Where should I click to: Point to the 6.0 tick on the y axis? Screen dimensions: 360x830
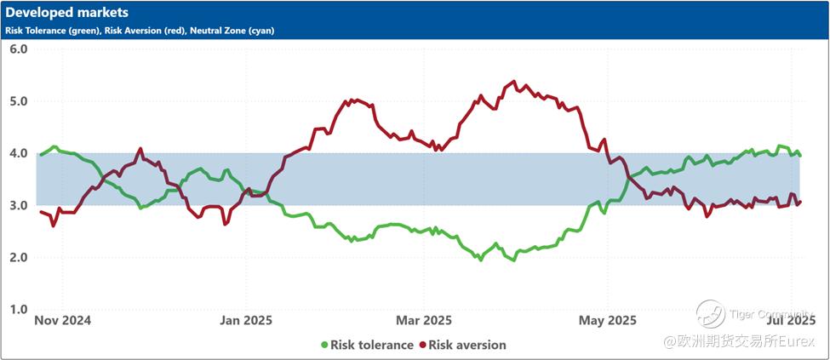coord(19,49)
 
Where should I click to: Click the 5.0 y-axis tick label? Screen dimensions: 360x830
coord(19,101)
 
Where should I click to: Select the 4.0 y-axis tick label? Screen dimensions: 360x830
coord(19,153)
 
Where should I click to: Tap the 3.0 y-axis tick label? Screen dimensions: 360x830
coord(19,205)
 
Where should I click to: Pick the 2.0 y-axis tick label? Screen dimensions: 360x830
coord(19,257)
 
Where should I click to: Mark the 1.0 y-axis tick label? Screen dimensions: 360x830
coord(19,309)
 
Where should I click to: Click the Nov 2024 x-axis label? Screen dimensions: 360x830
coord(62,321)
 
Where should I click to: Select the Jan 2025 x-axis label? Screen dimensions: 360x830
coord(246,321)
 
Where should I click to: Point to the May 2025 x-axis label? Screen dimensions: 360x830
coord(608,321)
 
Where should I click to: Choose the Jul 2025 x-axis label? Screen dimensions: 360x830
coord(792,321)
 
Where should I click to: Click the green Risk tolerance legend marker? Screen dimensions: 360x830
coord(324,345)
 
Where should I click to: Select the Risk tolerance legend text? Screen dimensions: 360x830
coord(372,345)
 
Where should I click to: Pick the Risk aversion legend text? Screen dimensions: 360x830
coord(467,345)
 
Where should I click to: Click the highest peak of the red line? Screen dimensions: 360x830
coord(513,82)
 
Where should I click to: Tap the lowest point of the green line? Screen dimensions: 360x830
coord(512,260)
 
